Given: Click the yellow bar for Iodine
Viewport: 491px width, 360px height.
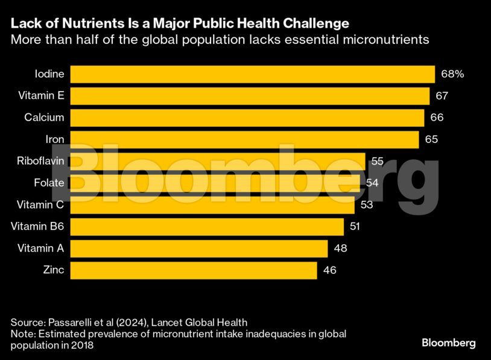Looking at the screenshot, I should pyautogui.click(x=253, y=74).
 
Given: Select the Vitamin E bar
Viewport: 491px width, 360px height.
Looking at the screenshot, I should pyautogui.click(x=250, y=96).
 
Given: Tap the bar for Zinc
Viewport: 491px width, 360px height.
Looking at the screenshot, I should pyautogui.click(x=194, y=270).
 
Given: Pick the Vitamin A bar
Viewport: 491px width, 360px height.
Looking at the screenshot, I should pyautogui.click(x=199, y=248).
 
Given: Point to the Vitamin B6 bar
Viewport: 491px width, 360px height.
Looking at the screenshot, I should pyautogui.click(x=207, y=227).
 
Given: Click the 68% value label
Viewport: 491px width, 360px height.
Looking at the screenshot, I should pyautogui.click(x=452, y=74).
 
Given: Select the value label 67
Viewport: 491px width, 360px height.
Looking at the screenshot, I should pyautogui.click(x=442, y=96).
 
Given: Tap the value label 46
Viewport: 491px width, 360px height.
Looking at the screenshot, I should pyautogui.click(x=329, y=270).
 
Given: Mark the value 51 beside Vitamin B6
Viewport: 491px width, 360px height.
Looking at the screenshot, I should pyautogui.click(x=356, y=227).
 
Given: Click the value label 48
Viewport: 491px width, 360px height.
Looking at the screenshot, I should pyautogui.click(x=340, y=248).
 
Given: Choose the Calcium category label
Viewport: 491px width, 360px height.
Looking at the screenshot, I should pyautogui.click(x=44, y=118).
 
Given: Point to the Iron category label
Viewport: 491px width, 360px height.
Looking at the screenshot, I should pyautogui.click(x=55, y=139).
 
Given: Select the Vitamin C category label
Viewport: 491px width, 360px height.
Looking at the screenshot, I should pyautogui.click(x=41, y=205).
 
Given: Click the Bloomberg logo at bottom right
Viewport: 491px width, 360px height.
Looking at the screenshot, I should pyautogui.click(x=448, y=343).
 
